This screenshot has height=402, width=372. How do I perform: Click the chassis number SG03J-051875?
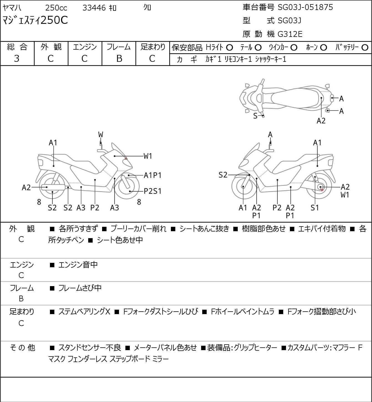point(305,7)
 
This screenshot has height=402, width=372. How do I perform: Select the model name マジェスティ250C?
point(35,21)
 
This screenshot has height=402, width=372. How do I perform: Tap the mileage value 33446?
point(94,8)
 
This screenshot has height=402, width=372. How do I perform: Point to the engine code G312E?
point(290,34)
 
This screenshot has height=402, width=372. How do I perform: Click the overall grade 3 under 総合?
point(17,58)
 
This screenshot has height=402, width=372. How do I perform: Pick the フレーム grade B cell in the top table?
point(119,58)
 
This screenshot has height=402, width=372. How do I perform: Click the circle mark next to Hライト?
point(229,48)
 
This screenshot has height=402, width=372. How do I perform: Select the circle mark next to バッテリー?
point(365,48)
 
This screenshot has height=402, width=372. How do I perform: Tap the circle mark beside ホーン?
point(323,48)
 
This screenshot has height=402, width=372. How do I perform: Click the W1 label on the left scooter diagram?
point(148,156)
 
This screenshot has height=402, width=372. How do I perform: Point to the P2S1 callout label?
point(153,191)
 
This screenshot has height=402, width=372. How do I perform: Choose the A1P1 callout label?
point(153,175)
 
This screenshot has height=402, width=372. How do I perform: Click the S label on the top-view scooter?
point(255,116)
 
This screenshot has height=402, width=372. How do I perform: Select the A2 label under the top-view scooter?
point(321,121)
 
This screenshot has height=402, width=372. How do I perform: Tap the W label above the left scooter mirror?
point(100,135)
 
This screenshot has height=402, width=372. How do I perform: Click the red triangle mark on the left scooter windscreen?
point(126,159)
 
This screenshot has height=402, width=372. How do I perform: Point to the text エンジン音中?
point(78,265)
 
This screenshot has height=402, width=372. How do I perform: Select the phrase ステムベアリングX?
point(84,312)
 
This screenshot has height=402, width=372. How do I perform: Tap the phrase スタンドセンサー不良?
point(90,348)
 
